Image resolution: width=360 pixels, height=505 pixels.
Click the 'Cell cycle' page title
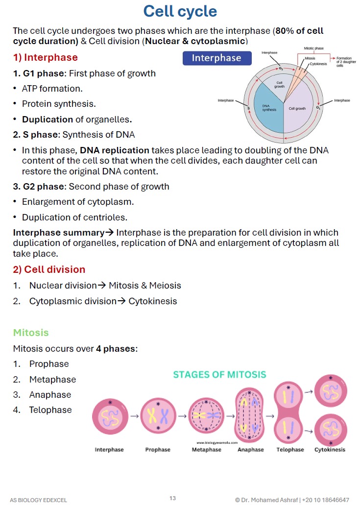[180, 11]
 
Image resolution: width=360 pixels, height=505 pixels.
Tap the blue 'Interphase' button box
[217, 58]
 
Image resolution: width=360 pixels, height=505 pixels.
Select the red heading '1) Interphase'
[46, 57]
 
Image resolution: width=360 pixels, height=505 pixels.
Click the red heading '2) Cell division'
[49, 269]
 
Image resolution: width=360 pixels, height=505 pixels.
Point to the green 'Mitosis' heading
[31, 333]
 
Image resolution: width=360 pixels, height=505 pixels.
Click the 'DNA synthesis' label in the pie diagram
[269, 108]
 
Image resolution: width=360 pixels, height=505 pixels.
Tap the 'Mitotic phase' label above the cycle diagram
[313, 48]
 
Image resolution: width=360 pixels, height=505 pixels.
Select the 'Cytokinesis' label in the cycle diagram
[318, 64]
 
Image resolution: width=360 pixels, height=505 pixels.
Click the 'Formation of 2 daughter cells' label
[346, 62]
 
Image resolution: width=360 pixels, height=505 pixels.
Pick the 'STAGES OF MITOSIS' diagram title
[219, 375]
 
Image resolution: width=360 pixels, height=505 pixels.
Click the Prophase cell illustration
[158, 416]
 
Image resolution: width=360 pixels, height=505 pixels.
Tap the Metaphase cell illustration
[206, 415]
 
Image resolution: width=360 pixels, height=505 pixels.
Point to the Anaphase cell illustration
[250, 415]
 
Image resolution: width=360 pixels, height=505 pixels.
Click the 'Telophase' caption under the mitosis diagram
[290, 450]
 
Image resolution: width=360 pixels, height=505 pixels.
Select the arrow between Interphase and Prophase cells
[134, 416]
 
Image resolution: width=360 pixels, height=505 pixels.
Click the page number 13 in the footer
[172, 498]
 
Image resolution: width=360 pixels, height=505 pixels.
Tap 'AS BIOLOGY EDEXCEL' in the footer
[38, 500]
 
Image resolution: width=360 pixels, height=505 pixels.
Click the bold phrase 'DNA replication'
[114, 150]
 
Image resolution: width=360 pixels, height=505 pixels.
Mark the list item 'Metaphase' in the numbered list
[52, 380]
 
